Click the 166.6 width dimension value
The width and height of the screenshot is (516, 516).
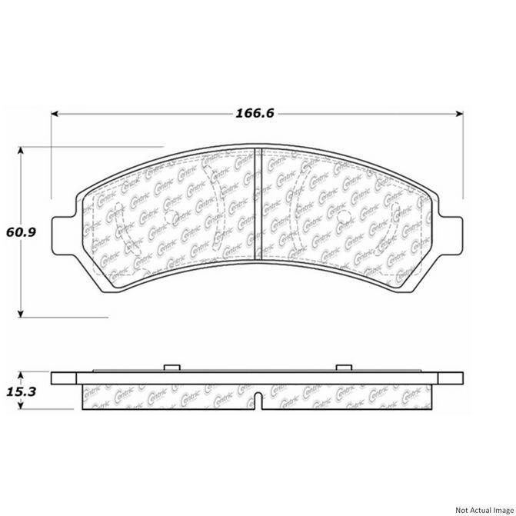256,114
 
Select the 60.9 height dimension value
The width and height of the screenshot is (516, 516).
21,231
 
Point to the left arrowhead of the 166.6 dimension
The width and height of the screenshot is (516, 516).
55,115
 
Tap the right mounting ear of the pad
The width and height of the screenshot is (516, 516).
455,230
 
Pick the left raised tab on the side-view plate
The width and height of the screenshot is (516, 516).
172,368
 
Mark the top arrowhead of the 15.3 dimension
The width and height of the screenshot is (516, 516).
21,375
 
